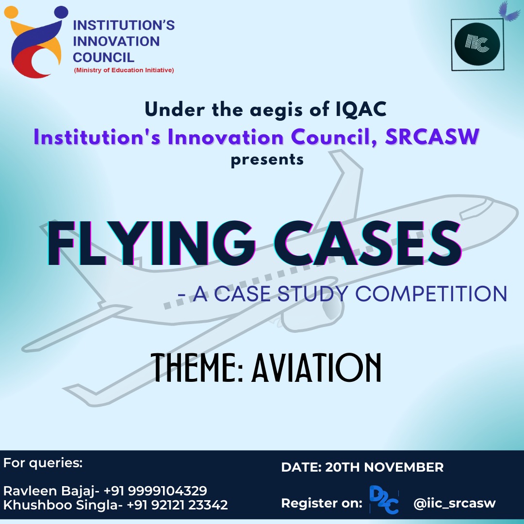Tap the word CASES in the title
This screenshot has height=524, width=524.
point(368,243)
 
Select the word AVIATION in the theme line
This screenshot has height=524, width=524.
point(316,368)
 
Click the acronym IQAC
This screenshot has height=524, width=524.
point(361,109)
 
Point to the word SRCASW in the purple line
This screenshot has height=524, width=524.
point(432,137)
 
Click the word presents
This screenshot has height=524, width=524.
point(267,160)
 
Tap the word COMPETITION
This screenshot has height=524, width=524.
point(431,294)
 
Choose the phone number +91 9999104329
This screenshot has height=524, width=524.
point(155,491)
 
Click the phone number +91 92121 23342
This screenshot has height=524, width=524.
point(178,505)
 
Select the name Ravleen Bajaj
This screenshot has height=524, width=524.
point(49,491)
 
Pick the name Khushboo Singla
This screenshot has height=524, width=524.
point(61,505)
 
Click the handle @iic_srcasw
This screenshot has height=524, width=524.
point(455,503)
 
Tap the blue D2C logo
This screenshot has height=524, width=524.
point(384,500)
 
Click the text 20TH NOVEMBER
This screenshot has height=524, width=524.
point(384,467)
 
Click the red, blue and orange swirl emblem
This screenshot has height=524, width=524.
point(35,42)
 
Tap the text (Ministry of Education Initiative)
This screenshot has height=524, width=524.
point(124,70)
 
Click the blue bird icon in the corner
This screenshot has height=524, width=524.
point(509,11)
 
